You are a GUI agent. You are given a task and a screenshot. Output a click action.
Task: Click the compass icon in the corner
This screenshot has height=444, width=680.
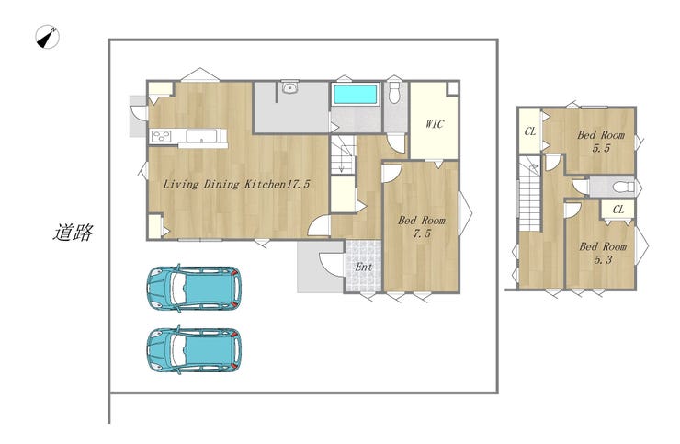47,37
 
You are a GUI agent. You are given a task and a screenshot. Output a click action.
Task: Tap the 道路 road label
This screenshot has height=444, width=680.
73,233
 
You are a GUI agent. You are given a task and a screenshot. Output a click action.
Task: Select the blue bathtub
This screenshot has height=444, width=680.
355,94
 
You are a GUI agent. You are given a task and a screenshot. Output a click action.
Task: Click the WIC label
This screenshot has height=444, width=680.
435,124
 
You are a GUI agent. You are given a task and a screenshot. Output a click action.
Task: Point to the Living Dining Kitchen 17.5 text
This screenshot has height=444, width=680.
236,184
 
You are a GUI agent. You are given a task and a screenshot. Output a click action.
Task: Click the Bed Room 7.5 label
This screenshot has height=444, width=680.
422,227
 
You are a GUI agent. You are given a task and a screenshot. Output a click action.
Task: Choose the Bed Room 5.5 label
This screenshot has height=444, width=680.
601,142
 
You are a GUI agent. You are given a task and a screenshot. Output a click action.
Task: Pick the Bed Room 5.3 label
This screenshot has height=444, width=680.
603,253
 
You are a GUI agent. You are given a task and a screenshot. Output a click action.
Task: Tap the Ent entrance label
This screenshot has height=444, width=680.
363,267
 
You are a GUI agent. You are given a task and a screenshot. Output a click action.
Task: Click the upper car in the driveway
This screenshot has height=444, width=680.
194,289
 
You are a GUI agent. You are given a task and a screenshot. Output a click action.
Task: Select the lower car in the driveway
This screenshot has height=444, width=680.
194,350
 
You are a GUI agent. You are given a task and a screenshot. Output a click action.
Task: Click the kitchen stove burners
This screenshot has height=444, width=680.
162,136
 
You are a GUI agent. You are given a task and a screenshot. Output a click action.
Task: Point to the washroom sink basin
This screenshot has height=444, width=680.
289,88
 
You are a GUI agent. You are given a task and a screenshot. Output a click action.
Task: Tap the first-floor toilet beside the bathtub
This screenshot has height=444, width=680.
394,92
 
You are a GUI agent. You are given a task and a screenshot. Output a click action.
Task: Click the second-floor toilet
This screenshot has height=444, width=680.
623,188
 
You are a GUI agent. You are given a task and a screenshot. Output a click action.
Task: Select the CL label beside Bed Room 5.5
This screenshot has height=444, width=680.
530,131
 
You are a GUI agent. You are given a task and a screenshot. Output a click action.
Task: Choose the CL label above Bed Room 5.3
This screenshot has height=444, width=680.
618,210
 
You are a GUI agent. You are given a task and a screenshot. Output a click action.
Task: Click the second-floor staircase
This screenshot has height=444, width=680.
530,194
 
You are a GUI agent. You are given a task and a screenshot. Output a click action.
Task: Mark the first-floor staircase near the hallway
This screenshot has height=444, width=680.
343,154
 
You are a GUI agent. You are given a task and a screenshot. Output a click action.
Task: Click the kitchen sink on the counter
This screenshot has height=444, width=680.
201,136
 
